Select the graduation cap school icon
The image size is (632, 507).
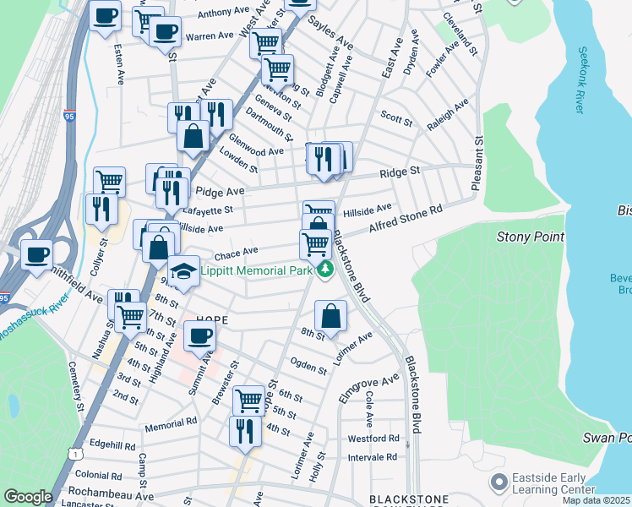coord(183,271)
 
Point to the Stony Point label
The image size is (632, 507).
coord(530,237)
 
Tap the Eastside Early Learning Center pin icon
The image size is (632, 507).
coord(499,482)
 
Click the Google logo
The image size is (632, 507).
coord(28,497)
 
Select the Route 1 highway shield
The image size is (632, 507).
coord(77,455)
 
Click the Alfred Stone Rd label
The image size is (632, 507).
coord(406,221)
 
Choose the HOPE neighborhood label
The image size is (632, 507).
coord(212,320)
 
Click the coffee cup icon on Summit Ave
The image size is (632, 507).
coord(200,336)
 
